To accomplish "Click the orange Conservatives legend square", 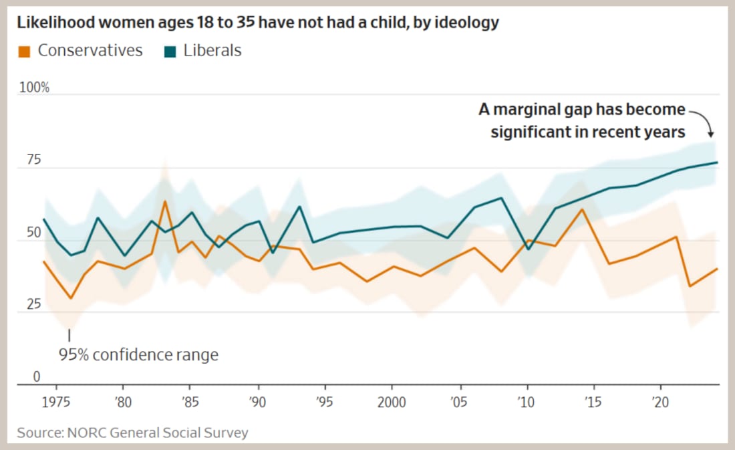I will pyautogui.click(x=25, y=51).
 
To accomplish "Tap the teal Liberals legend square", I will pyautogui.click(x=170, y=51).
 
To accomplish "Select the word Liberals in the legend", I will pyautogui.click(x=212, y=50).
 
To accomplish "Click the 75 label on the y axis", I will pyautogui.click(x=33, y=160).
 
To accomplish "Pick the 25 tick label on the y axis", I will pyautogui.click(x=33, y=304).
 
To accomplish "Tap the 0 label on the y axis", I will pyautogui.click(x=37, y=376).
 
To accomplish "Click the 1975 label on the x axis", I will pyautogui.click(x=56, y=405).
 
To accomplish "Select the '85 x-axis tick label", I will pyautogui.click(x=190, y=405).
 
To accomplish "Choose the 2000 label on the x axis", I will pyautogui.click(x=392, y=405).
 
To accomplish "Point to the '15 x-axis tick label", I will pyautogui.click(x=593, y=405).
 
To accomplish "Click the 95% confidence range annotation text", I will pyautogui.click(x=138, y=354).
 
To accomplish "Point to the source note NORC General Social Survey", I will pyautogui.click(x=132, y=433).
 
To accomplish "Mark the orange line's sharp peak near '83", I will pyautogui.click(x=164, y=201).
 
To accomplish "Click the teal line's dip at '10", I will pyautogui.click(x=528, y=249).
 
